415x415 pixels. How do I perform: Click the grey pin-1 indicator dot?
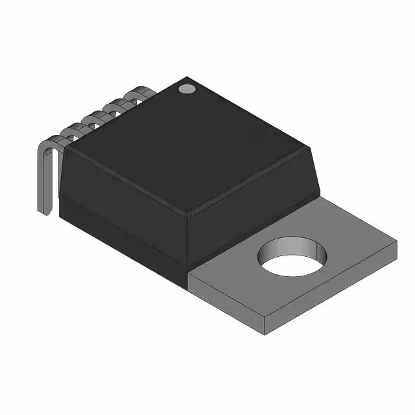[187, 88]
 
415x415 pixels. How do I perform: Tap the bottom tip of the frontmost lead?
[47, 211]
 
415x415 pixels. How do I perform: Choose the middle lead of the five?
[97, 116]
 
